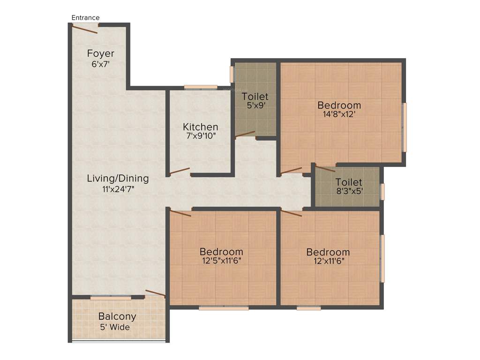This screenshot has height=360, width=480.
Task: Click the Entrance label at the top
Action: (85, 18)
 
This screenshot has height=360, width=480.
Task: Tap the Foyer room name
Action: (100, 53)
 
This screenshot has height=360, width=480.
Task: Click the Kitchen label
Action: (200, 127)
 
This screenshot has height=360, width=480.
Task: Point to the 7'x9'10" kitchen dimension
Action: (200, 137)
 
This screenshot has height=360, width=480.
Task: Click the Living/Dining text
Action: (118, 179)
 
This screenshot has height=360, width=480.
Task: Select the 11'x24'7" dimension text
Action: (118, 189)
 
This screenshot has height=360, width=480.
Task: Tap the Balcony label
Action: (117, 317)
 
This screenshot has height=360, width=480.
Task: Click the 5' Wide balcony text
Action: (114, 327)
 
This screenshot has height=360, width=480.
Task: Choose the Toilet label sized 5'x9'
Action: (255, 97)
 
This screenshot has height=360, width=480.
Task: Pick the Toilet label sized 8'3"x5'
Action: (349, 182)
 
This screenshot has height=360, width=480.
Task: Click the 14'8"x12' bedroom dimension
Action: (339, 114)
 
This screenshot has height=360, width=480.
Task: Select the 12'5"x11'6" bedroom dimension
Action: (221, 262)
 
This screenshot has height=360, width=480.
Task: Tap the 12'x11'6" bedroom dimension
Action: (328, 262)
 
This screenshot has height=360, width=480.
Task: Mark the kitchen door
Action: (180, 171)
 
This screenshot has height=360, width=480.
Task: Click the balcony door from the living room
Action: (155, 293)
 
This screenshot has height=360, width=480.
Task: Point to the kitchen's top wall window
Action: (201, 87)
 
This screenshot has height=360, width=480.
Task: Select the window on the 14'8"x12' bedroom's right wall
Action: (405, 127)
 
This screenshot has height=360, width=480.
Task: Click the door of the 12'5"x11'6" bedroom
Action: (180, 213)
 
